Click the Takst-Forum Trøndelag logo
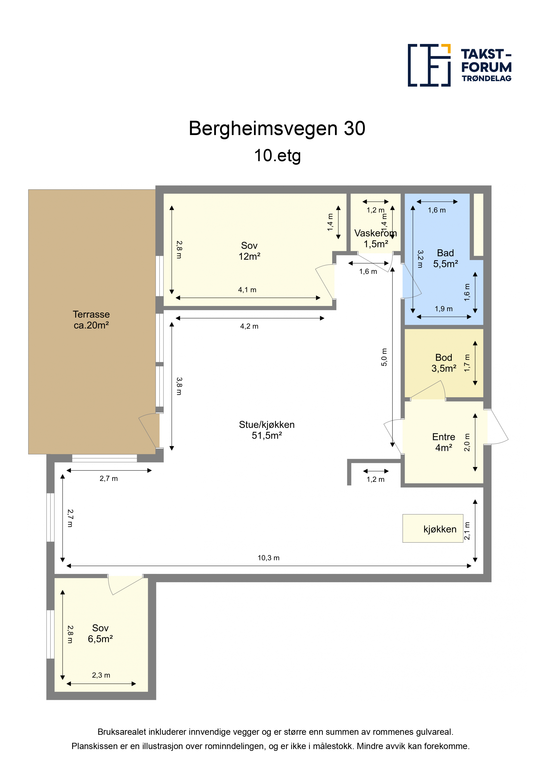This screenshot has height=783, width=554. (460, 65)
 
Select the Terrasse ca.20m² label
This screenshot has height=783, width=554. (91, 320)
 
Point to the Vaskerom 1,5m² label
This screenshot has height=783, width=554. (376, 238)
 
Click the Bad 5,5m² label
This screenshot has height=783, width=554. (445, 258)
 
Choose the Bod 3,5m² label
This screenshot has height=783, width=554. (444, 363)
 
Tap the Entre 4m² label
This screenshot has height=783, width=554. (444, 442)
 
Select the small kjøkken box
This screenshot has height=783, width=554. (433, 528)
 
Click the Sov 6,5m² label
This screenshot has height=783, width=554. (100, 633)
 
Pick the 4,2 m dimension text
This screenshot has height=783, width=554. (249, 326)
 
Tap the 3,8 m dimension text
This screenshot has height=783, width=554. (179, 386)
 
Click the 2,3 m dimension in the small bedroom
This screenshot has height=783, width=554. (101, 675)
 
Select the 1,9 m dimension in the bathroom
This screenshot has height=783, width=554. (443, 309)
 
